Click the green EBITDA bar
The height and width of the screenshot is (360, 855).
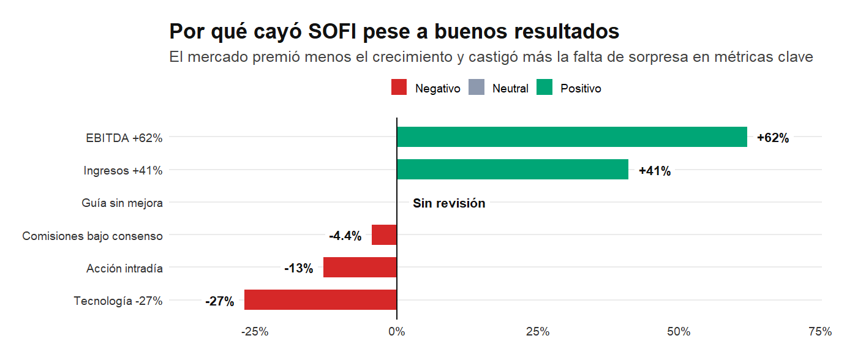571,137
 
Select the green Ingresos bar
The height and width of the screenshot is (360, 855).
513,170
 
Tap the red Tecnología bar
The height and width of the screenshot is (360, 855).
320,300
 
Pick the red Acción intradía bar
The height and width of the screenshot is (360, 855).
360,268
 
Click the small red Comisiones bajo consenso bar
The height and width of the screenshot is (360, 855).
384,235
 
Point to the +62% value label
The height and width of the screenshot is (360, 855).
773,138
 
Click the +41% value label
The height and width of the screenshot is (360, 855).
655,171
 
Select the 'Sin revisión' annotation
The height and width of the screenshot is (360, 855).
449,203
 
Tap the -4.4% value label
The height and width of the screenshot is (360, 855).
345,236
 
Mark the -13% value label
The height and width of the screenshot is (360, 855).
298,268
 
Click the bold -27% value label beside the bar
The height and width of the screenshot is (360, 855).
219,301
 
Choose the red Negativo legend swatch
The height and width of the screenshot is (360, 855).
399,88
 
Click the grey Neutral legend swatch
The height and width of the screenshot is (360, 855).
476,88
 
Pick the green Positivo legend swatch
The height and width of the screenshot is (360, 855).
544,88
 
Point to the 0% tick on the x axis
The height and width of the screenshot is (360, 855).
397,332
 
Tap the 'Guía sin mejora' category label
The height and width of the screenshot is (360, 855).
122,203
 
